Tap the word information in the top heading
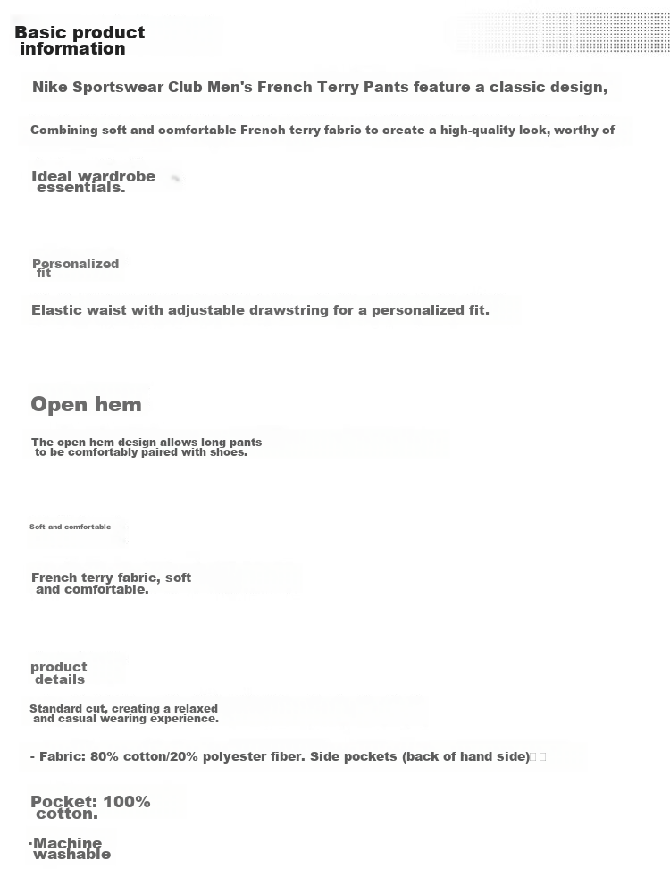(72, 49)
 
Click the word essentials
(80, 188)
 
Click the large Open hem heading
(86, 404)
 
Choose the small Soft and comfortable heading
(71, 527)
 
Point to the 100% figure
(126, 802)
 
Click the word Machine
(68, 843)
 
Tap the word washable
(72, 855)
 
